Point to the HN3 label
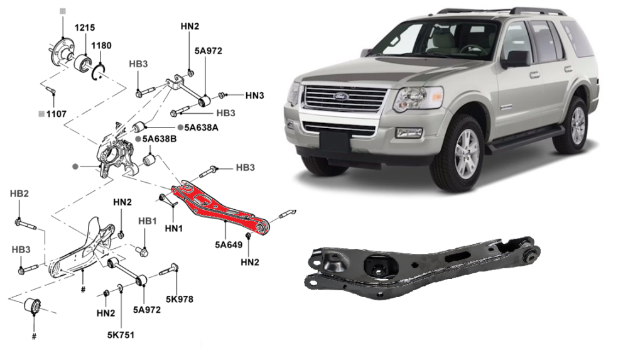(x=254, y=96)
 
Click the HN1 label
(x=173, y=228)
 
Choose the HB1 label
(x=147, y=222)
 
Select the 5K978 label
(x=180, y=299)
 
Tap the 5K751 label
(x=121, y=335)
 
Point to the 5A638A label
(x=202, y=128)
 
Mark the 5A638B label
(x=159, y=138)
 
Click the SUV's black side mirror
(x=516, y=59)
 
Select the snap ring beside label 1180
(x=100, y=71)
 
